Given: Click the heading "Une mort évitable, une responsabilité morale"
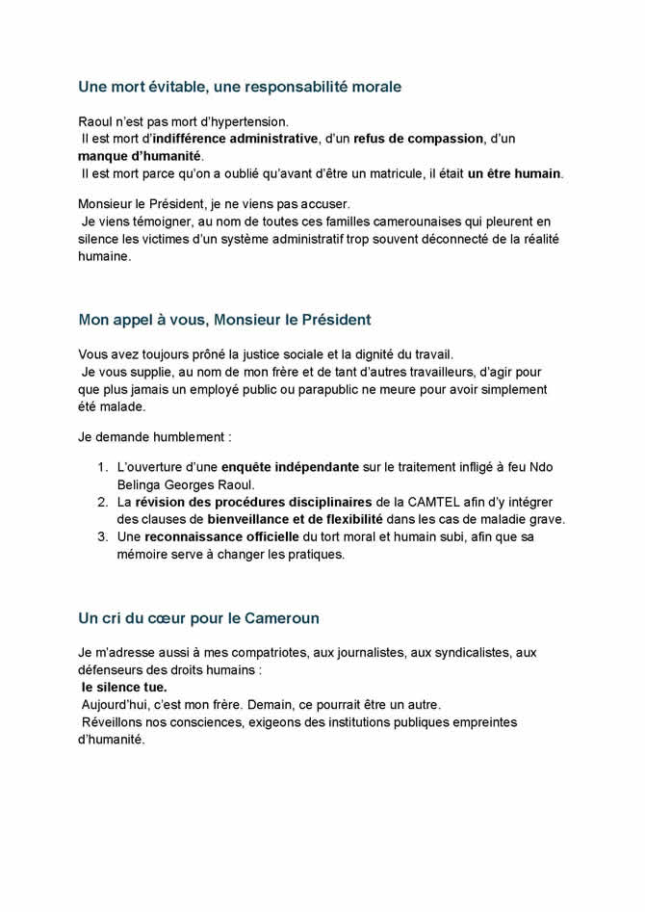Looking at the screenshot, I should click(239, 87).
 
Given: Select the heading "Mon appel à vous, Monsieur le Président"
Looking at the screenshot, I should click(224, 319).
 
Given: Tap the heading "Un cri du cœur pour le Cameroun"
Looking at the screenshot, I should click(198, 617).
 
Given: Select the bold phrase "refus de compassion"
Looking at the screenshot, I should click(418, 139).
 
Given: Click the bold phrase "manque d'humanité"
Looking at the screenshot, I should click(140, 156).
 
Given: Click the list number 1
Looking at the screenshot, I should click(102, 467).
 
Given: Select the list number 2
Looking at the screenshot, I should click(102, 502).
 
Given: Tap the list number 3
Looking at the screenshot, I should click(102, 536).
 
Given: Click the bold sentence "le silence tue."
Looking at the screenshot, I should click(124, 688).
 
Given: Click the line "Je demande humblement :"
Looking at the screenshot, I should click(154, 436).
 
